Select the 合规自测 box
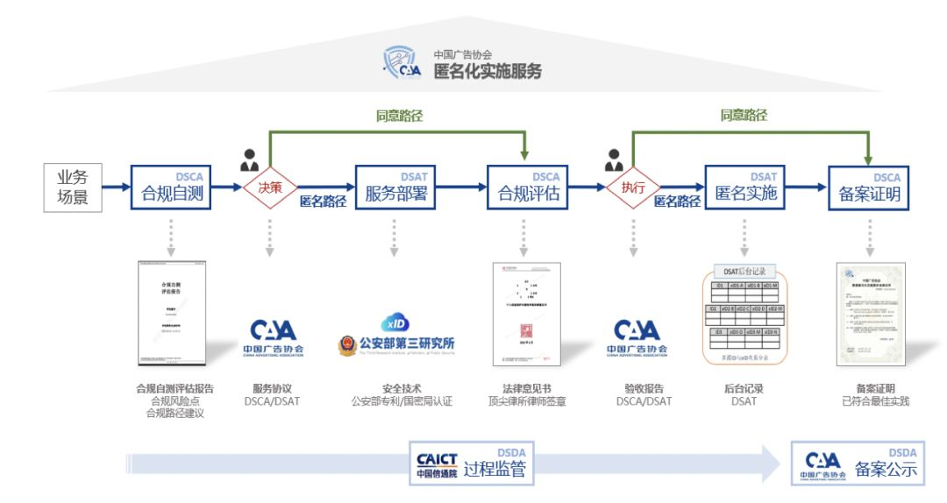[173, 188]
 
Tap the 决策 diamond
[269, 187]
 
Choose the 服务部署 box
[395, 188]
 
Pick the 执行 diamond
[633, 187]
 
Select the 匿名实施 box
[745, 188]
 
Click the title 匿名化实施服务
[488, 71]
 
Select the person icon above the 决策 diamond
[249, 161]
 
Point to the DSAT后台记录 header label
[744, 271]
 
